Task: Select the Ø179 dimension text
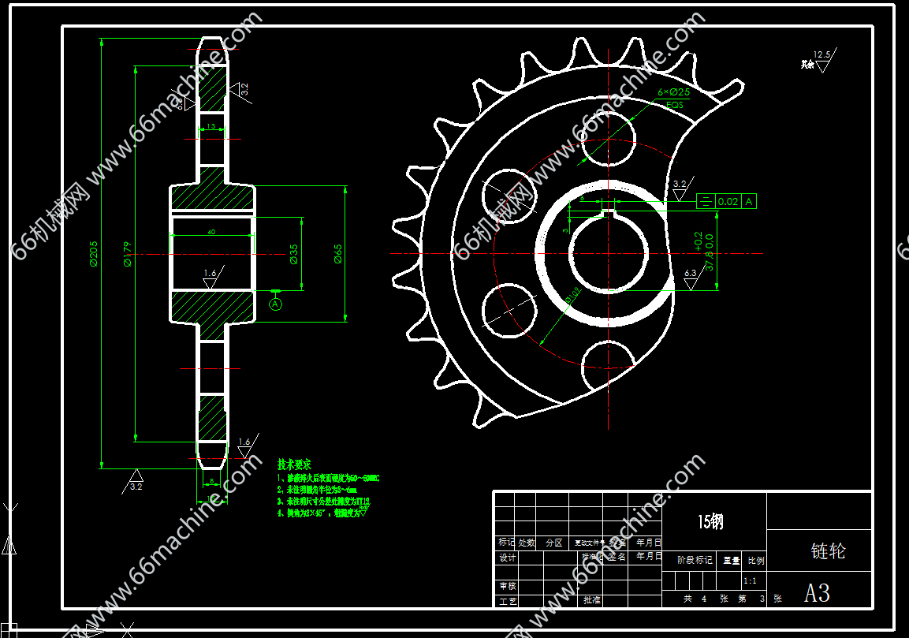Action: [x=128, y=253]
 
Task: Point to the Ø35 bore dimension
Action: [x=293, y=253]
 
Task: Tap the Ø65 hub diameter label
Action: [x=338, y=253]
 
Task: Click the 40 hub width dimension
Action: [x=211, y=232]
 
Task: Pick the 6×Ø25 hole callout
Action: [x=673, y=92]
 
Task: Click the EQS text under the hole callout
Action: [x=675, y=104]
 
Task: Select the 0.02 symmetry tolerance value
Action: [x=728, y=202]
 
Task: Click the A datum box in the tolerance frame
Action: [x=748, y=202]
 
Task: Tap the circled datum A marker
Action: [x=275, y=303]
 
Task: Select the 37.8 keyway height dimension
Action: [x=709, y=253]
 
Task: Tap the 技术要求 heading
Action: [x=294, y=465]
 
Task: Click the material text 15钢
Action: [x=710, y=521]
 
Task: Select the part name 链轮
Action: [x=828, y=551]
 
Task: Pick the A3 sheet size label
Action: [x=817, y=592]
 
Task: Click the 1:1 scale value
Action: [x=750, y=580]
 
